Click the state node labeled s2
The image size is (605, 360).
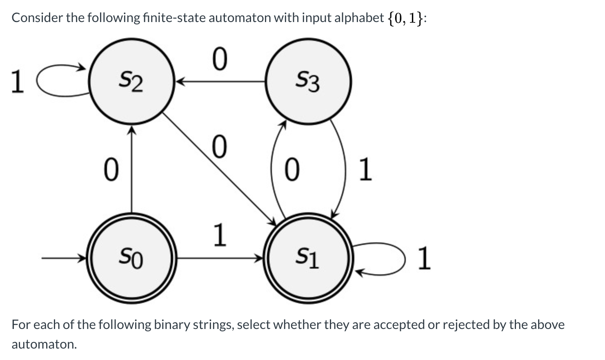(x=131, y=81)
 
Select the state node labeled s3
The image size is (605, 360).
(x=308, y=81)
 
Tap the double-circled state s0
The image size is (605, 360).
(x=131, y=258)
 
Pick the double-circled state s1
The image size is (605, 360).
(x=308, y=258)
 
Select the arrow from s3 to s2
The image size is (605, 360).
(x=220, y=81)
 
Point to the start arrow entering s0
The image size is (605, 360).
(x=63, y=258)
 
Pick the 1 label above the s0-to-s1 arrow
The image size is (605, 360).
(x=219, y=235)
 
